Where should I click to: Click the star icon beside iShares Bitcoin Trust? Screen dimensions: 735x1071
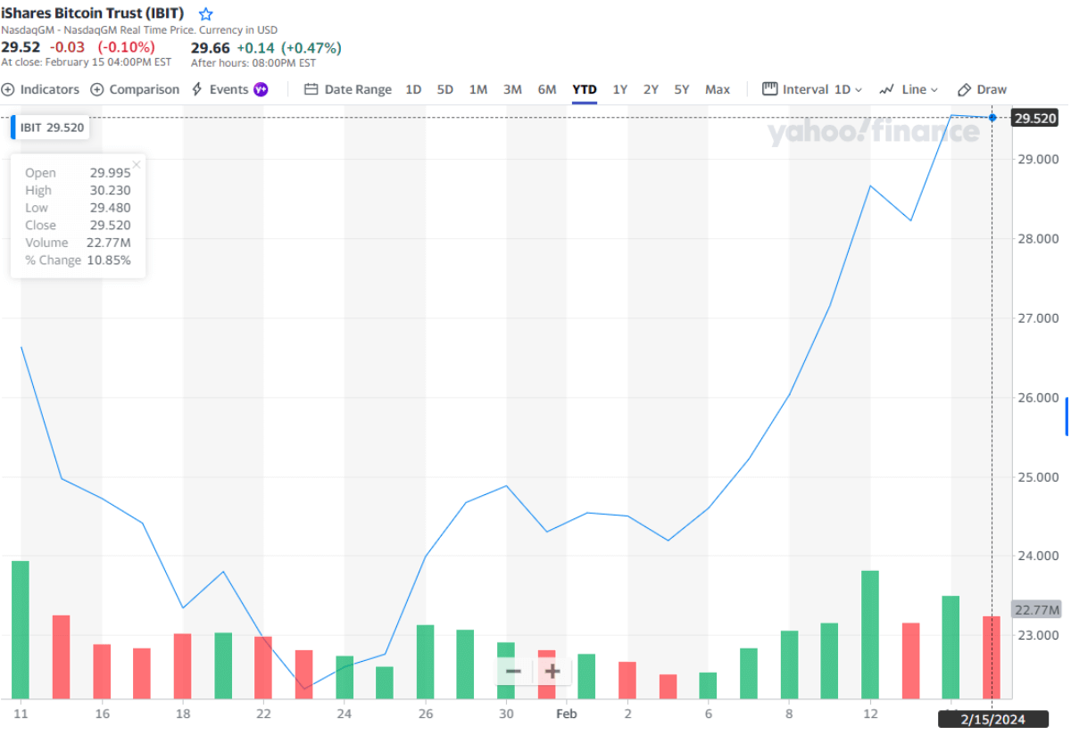coord(206,14)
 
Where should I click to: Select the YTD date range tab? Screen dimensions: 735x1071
coord(585,89)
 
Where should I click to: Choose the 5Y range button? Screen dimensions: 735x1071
coord(682,89)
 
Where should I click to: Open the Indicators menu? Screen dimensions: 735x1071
coord(41,89)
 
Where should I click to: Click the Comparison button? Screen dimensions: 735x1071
coord(136,89)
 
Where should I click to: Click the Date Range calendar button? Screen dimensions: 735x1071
coord(348,89)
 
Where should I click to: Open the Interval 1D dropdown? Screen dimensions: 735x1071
coord(812,89)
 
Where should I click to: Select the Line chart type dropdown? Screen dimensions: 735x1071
coord(909,89)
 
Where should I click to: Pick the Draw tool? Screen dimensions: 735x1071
coord(982,89)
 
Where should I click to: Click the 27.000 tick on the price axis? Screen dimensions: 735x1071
coord(1039,318)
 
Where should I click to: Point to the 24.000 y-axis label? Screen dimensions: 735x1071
coord(1039,556)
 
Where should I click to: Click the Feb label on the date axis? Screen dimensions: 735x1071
coord(566,714)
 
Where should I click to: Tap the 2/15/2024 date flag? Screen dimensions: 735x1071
coord(992,718)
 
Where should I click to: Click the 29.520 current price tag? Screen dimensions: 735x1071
coord(1035,118)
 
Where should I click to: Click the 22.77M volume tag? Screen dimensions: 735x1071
coord(1036,610)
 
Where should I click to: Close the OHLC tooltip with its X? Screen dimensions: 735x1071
coord(137,164)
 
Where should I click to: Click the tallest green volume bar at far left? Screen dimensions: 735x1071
coord(21,629)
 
